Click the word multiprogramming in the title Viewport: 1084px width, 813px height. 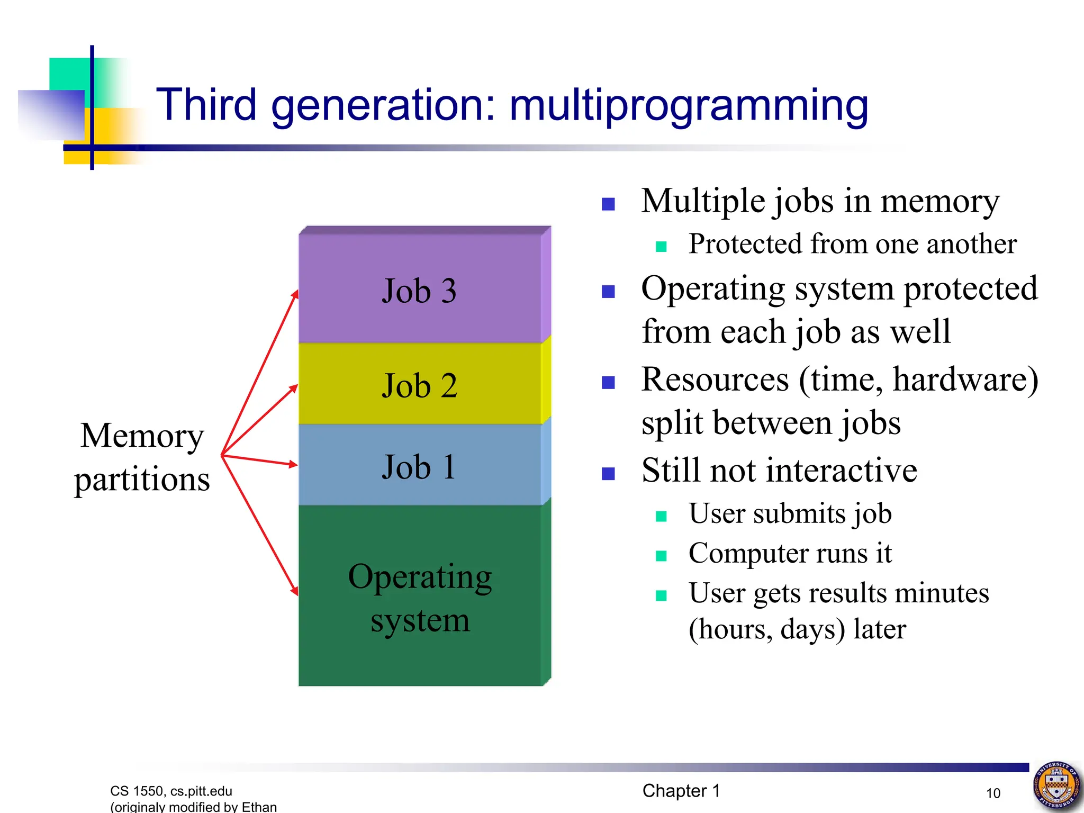(x=688, y=106)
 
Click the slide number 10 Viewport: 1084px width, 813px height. (x=993, y=793)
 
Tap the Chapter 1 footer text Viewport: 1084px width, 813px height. (x=681, y=790)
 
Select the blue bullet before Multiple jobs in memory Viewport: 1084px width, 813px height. (x=608, y=204)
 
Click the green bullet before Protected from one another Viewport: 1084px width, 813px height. (x=661, y=247)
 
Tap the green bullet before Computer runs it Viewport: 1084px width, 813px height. (x=661, y=556)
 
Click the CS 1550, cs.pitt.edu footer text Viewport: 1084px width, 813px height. (x=171, y=791)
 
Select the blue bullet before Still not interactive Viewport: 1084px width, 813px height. (x=608, y=473)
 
